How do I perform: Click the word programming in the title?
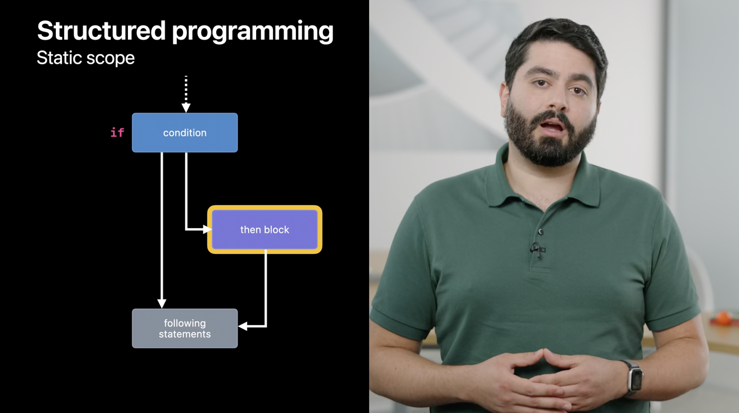click(x=253, y=32)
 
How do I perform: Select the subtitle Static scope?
click(x=86, y=58)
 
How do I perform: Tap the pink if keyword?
click(x=117, y=132)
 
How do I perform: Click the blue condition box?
click(x=185, y=133)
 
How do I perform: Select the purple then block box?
click(x=264, y=230)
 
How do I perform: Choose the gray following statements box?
click(x=185, y=328)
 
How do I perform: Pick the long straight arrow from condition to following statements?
click(x=162, y=228)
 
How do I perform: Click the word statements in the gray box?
click(x=185, y=334)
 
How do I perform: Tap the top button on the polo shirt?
click(x=541, y=231)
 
